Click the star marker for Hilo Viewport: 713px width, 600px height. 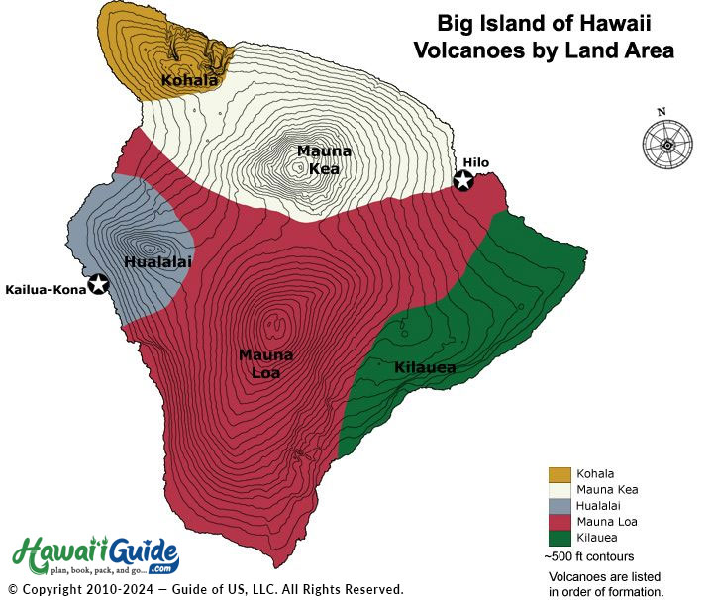tap(462, 181)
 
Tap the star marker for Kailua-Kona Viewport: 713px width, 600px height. tap(98, 285)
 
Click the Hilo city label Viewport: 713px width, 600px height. tap(474, 162)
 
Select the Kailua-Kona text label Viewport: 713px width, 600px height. tap(45, 289)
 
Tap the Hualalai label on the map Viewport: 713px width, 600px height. tap(157, 261)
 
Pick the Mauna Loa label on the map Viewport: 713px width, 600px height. tap(265, 363)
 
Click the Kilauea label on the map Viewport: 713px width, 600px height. tap(425, 368)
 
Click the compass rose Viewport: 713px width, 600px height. tap(666, 144)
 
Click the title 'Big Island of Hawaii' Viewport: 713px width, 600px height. tap(542, 23)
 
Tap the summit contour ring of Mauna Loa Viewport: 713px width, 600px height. tap(274, 324)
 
